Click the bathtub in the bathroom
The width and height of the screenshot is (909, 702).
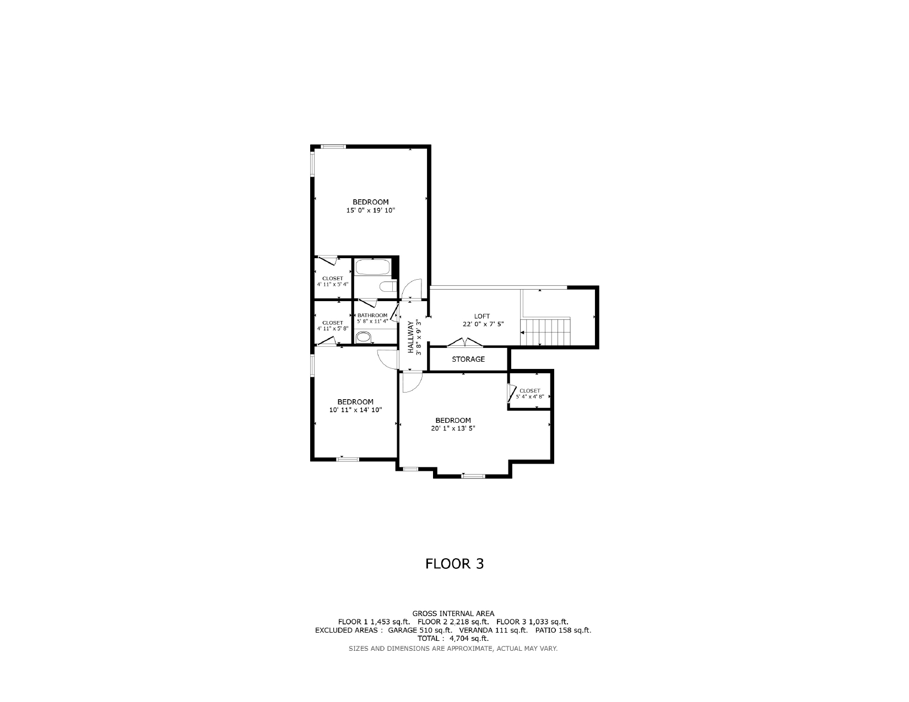click(x=372, y=267)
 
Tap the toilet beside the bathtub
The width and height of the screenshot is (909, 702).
click(x=388, y=286)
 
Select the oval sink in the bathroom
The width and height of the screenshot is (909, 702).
click(x=362, y=337)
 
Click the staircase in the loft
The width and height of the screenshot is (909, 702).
click(x=545, y=331)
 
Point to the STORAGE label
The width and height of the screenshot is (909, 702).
click(x=468, y=359)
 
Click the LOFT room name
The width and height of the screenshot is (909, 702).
click(x=482, y=317)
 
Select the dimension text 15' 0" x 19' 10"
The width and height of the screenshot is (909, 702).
click(x=371, y=211)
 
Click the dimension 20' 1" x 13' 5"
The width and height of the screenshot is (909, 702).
click(x=453, y=428)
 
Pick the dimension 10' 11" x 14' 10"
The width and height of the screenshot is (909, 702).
click(x=355, y=410)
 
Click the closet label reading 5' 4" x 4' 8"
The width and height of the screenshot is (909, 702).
click(x=529, y=396)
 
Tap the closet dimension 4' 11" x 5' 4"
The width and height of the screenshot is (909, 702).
click(x=333, y=284)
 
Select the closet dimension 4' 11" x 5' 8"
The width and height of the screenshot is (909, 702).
click(x=333, y=329)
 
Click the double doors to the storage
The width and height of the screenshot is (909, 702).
click(x=465, y=342)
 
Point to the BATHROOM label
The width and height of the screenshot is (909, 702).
click(x=372, y=315)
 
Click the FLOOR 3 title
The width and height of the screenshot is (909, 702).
click(x=454, y=564)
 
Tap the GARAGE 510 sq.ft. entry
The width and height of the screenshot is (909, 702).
click(x=420, y=630)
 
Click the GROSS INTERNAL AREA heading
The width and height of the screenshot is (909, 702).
click(x=453, y=613)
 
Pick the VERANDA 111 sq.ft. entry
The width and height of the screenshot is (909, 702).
click(x=493, y=630)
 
